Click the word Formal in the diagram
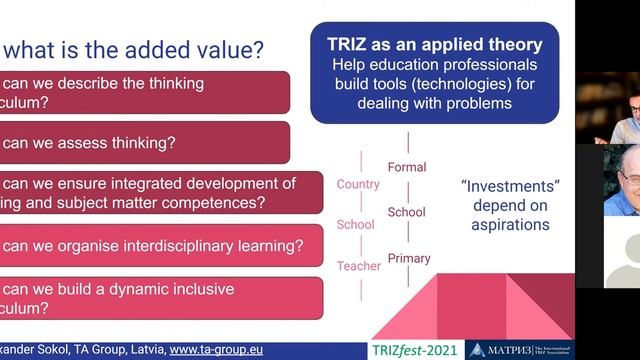point(406,167)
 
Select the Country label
point(358,184)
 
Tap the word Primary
point(408,258)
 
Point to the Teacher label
point(358,266)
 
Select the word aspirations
point(510,225)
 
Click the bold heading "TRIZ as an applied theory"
point(434,45)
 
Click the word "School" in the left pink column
point(357,225)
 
